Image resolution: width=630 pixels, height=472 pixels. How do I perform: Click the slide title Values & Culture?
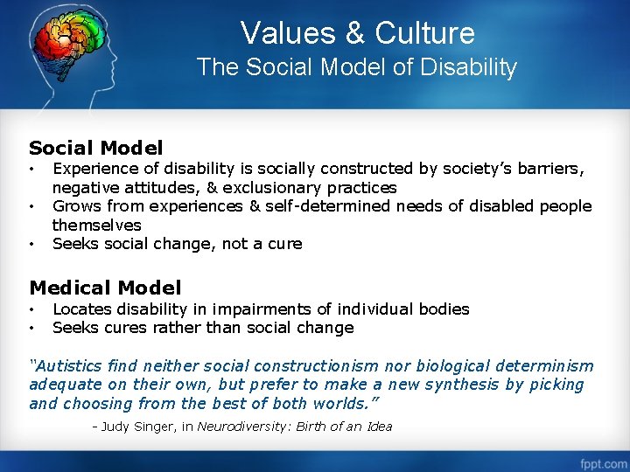click(x=357, y=33)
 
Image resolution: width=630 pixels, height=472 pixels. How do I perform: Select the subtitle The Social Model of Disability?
click(x=357, y=67)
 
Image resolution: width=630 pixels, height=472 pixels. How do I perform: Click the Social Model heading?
click(x=96, y=149)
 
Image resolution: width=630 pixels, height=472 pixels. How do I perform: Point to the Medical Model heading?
click(x=105, y=288)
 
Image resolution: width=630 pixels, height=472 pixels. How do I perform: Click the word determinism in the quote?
click(x=548, y=366)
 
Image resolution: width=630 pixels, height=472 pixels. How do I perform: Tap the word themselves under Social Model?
click(x=96, y=226)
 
